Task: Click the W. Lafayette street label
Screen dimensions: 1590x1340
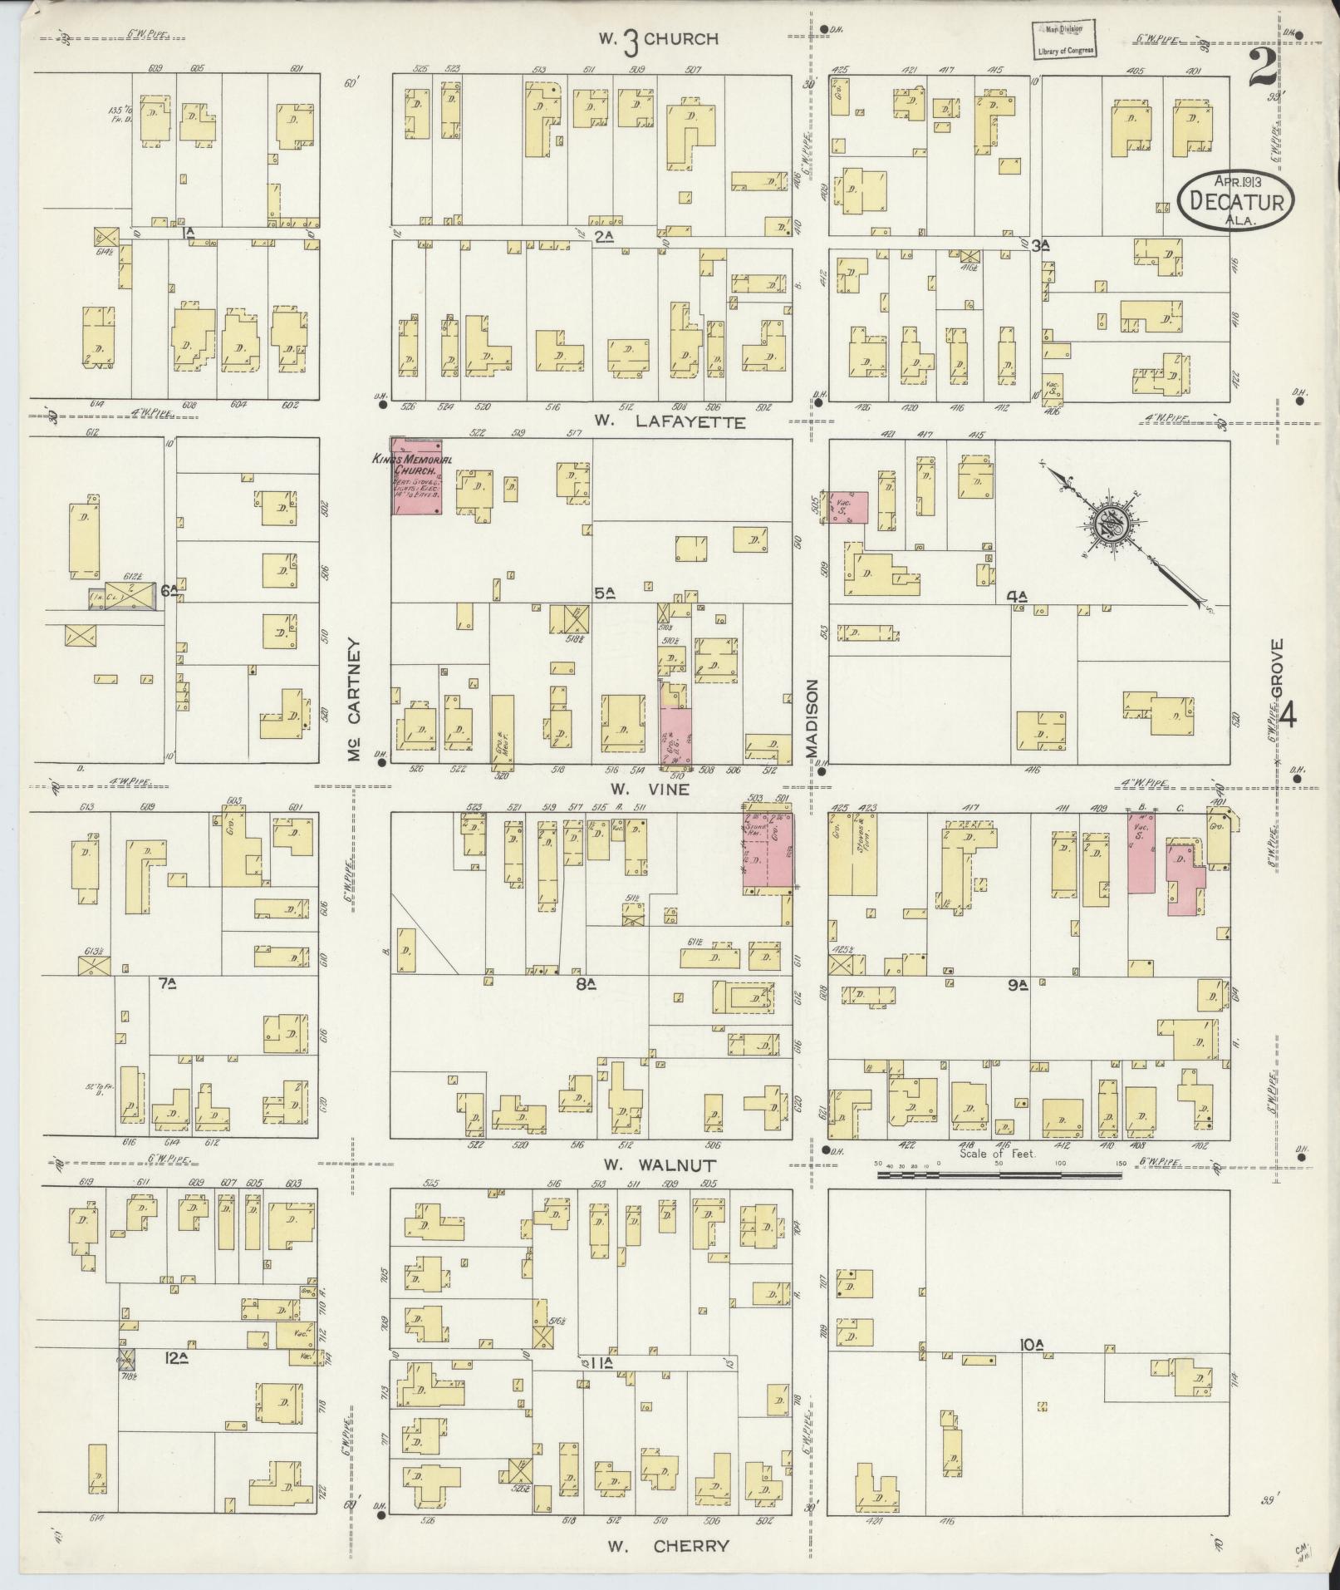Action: click(670, 423)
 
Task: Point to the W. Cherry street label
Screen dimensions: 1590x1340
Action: click(669, 1546)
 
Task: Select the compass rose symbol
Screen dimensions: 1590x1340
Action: click(1111, 524)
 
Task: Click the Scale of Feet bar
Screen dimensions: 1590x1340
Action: click(999, 1174)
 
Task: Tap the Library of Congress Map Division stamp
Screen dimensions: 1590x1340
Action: click(1064, 39)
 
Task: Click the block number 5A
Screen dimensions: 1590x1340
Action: click(604, 593)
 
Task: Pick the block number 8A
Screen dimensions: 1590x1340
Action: click(587, 984)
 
